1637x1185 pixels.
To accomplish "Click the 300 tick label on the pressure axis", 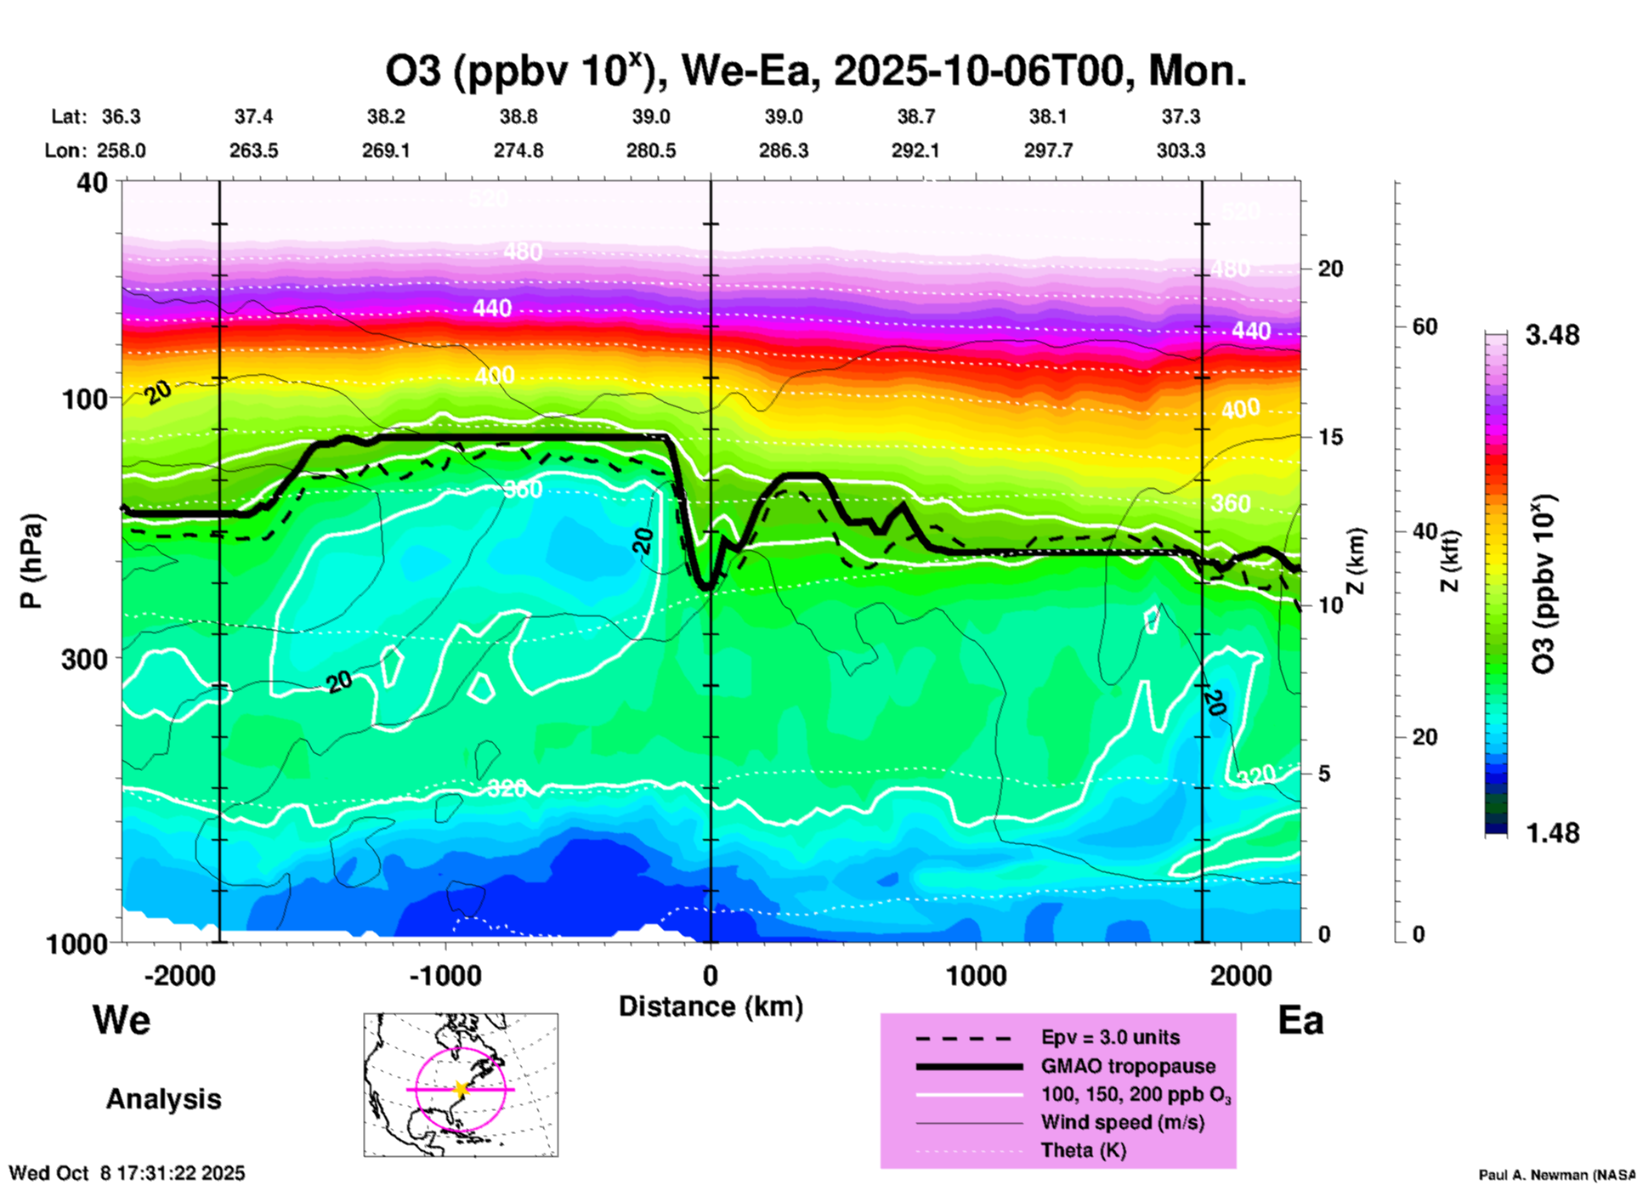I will click(85, 659).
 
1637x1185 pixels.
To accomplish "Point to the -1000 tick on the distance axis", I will click(445, 975).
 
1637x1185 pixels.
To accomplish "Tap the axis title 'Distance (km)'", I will click(711, 1006).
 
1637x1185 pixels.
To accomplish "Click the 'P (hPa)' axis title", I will click(31, 561).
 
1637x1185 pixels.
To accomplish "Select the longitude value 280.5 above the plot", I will click(651, 150).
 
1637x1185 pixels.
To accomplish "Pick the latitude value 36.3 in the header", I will click(122, 116).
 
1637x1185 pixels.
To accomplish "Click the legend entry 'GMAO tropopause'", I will click(1128, 1066).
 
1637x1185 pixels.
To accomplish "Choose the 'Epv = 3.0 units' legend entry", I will click(1110, 1037).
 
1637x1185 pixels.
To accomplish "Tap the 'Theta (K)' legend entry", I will click(1083, 1150).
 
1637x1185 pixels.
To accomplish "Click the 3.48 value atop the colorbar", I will click(1552, 336).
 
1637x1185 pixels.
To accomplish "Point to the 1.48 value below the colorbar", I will click(1552, 833).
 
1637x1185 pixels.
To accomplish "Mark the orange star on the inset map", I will click(461, 1089).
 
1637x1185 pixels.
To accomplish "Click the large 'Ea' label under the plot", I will click(1300, 1021).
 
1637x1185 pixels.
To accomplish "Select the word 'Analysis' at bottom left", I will click(163, 1099).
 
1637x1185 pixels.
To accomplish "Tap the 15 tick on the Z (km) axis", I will click(1330, 437).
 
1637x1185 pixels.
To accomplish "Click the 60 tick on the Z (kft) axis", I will click(1425, 327).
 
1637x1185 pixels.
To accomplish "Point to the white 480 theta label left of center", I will click(522, 252).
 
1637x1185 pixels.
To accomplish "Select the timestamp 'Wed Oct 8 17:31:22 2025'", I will click(127, 1173).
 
